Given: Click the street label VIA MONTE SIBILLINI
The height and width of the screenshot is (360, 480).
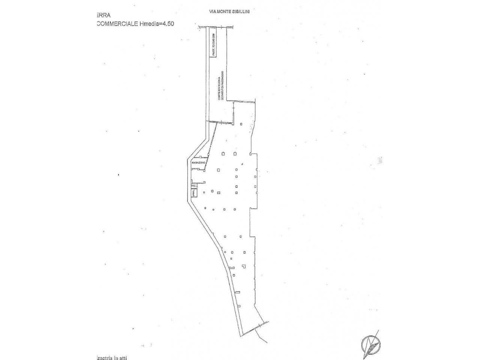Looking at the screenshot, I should click(x=229, y=12).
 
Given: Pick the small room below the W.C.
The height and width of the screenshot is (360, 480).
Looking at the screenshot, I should click(x=194, y=193).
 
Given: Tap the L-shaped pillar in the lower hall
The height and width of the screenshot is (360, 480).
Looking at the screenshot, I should click(x=244, y=266).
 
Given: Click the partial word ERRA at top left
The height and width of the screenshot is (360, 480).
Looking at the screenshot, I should click(x=102, y=15).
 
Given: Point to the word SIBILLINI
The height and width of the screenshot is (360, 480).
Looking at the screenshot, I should click(x=243, y=12).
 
